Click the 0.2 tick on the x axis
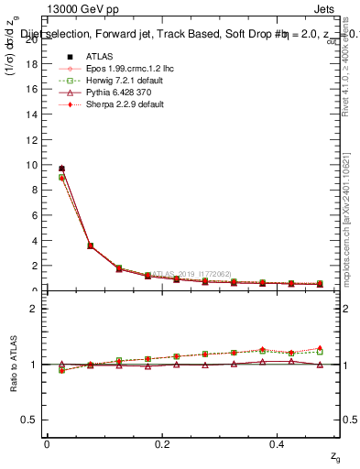pos(163,444)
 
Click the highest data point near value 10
pos(61,169)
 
